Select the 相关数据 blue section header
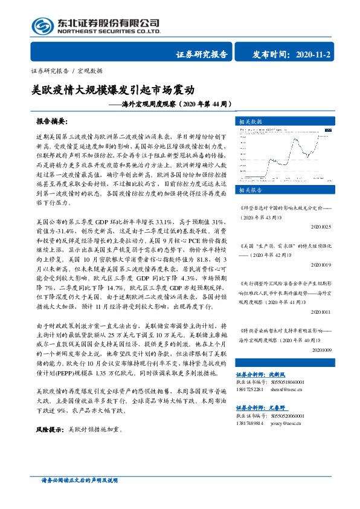[251, 121]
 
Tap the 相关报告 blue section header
[251, 190]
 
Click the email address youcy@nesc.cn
[282, 424]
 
